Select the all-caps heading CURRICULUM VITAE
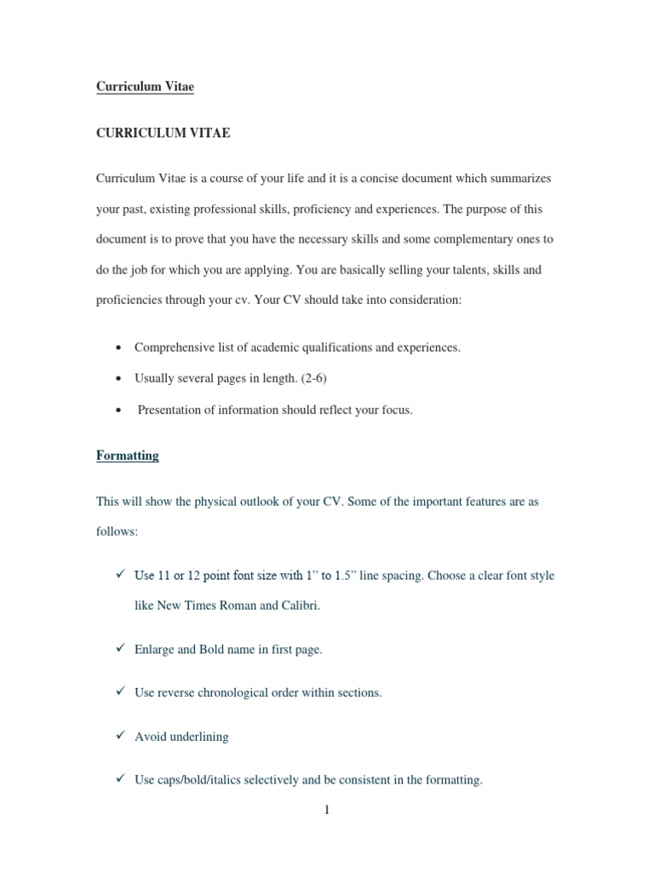click(x=163, y=133)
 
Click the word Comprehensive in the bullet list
click(x=175, y=347)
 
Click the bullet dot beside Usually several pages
click(x=116, y=379)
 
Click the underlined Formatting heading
click(x=128, y=456)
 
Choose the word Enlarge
click(x=156, y=649)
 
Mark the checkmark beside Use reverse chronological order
click(x=121, y=691)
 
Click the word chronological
click(x=259, y=692)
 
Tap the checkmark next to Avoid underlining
click(x=121, y=736)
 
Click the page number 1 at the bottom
click(x=326, y=810)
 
